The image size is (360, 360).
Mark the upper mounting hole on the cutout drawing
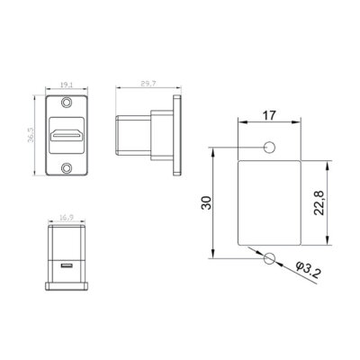(268, 148)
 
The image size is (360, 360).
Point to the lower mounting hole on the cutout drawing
(268, 259)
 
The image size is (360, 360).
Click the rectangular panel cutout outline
(267, 203)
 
